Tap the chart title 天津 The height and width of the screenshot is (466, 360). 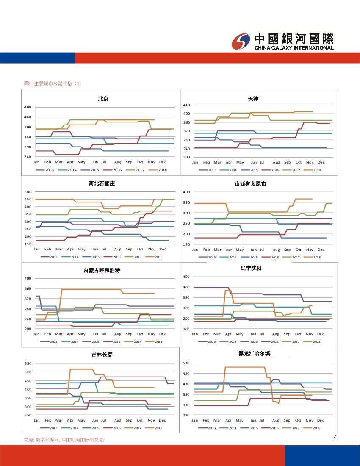point(253,99)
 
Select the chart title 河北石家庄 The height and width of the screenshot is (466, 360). point(102,184)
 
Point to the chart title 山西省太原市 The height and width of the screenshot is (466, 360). point(251,184)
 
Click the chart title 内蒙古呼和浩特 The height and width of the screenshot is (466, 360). point(102,270)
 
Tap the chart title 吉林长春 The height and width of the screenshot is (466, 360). point(102,354)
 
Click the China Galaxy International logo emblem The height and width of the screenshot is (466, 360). point(241,41)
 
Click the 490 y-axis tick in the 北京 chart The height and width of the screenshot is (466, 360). point(28,107)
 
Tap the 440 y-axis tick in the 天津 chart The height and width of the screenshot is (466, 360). point(186,105)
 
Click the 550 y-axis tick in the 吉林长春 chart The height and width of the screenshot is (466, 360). point(28,363)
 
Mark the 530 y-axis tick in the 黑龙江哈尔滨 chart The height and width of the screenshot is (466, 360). point(186,363)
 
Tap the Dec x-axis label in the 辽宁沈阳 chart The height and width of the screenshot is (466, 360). point(321,334)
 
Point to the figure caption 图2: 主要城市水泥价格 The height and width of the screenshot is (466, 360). point(52,83)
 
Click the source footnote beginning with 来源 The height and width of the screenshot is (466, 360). point(64,440)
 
